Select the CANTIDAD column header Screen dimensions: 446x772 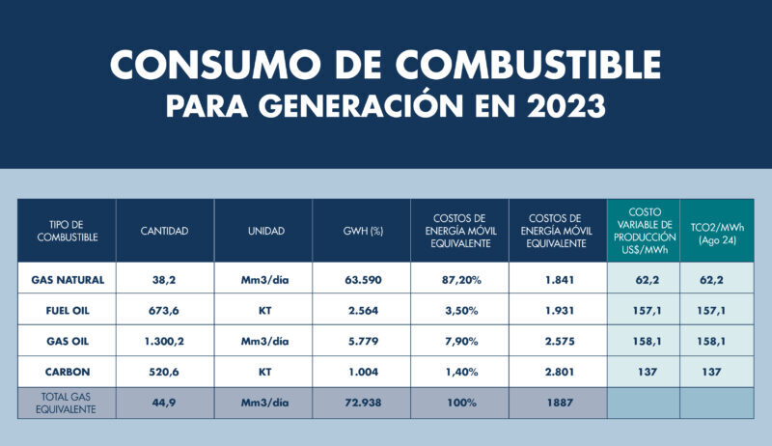click(x=164, y=231)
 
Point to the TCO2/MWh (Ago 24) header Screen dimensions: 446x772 click(x=717, y=231)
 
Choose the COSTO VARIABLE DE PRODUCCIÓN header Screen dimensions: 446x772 click(x=644, y=230)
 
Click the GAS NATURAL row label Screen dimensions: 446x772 click(x=68, y=280)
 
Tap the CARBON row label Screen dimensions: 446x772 click(x=68, y=372)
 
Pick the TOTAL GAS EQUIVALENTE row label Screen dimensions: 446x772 click(x=68, y=403)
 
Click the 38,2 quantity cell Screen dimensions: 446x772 click(x=164, y=280)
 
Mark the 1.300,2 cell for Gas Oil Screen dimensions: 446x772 click(x=164, y=341)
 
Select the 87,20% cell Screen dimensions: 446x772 click(x=458, y=280)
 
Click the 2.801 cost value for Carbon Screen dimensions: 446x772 click(x=557, y=372)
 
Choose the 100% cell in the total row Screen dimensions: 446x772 click(x=458, y=403)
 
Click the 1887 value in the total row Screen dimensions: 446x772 click(x=557, y=403)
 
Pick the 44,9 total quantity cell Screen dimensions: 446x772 click(x=164, y=403)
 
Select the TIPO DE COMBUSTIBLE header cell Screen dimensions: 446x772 click(x=68, y=231)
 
